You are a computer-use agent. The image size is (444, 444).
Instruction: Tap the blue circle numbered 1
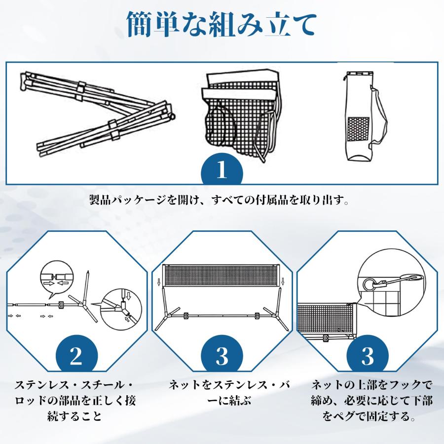(222, 170)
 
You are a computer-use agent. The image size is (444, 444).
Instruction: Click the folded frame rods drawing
(99, 111)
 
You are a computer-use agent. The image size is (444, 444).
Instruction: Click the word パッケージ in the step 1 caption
(134, 201)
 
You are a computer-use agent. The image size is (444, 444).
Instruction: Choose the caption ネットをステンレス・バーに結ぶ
(222, 392)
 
